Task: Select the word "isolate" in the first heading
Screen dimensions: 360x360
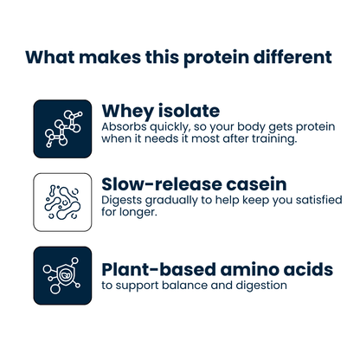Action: (x=190, y=111)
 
